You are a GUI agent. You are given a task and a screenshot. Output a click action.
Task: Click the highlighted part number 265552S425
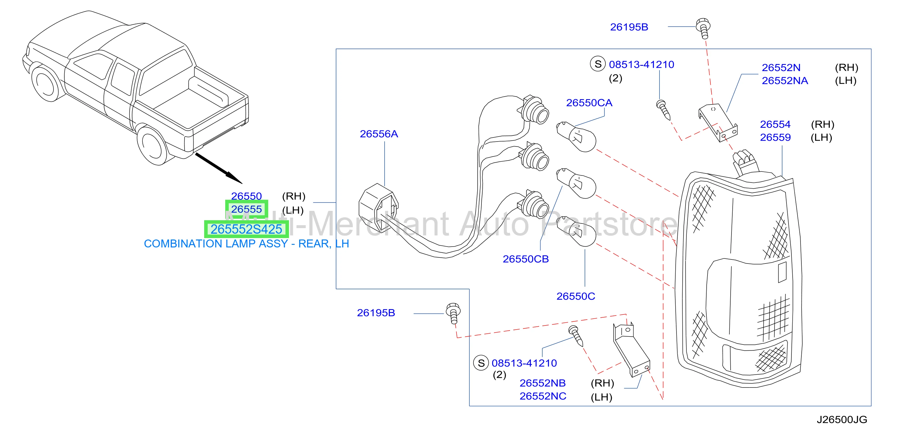click(246, 229)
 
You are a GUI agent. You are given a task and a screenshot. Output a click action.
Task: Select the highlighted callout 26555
click(247, 209)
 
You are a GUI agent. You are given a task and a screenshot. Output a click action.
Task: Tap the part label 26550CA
click(589, 103)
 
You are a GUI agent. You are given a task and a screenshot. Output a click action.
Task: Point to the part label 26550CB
click(526, 259)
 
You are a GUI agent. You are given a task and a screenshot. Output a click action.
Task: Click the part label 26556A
click(379, 134)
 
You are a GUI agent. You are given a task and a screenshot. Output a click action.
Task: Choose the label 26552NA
click(785, 81)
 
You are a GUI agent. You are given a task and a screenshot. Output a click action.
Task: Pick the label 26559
click(775, 137)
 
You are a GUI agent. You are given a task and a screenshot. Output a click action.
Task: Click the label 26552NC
click(543, 396)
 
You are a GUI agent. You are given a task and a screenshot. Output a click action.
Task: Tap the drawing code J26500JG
click(842, 420)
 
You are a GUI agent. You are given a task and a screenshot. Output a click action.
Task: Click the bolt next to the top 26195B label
click(703, 28)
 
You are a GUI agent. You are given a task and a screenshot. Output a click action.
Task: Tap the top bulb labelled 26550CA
click(576, 137)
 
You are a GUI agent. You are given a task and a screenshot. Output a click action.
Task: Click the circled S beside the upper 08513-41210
click(598, 64)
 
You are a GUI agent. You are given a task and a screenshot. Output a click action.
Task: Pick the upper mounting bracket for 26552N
click(718, 123)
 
